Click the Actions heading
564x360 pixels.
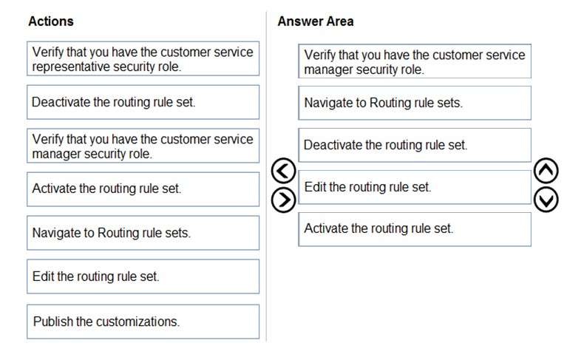[x=51, y=21]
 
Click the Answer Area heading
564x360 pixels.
[x=316, y=21]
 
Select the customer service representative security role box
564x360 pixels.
[x=143, y=58]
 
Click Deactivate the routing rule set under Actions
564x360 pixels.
[x=143, y=102]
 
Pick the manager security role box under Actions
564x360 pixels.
[x=143, y=146]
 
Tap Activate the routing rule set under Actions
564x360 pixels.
[x=143, y=189]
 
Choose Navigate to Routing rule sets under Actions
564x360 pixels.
[x=143, y=233]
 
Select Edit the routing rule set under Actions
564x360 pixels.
[x=143, y=276]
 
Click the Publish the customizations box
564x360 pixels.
[x=143, y=322]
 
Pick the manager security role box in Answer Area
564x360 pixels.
[x=415, y=61]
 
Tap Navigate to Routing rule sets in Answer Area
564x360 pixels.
[x=415, y=103]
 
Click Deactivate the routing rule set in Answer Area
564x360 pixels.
[x=415, y=146]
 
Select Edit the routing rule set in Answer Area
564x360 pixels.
[x=415, y=187]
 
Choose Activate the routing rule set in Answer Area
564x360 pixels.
[x=415, y=229]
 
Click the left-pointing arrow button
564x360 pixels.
[x=283, y=171]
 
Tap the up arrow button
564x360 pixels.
[x=546, y=171]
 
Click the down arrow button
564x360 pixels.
[x=546, y=200]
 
